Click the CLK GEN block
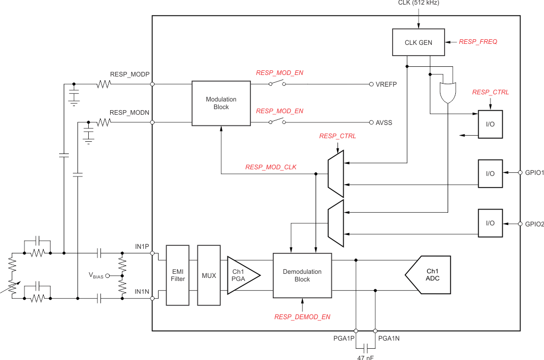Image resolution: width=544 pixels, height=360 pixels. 418,42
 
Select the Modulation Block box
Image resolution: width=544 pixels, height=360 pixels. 221,104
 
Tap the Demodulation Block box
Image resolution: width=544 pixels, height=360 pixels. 302,275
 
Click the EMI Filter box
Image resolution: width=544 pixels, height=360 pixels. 177,275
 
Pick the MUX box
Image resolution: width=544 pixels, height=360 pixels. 209,275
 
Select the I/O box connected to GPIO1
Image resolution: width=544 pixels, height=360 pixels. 490,173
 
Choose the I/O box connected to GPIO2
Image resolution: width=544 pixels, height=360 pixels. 490,223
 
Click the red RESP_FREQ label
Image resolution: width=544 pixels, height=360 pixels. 478,42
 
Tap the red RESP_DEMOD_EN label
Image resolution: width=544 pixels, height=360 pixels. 302,317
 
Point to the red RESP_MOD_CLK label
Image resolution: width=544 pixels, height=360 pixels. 271,167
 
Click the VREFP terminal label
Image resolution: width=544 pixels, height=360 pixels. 386,85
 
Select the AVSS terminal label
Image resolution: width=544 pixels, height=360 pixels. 384,123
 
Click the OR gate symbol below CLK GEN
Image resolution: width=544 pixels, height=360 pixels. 447,92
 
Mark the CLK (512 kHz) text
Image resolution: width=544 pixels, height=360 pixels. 418,3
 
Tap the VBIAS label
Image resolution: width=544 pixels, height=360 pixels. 96,276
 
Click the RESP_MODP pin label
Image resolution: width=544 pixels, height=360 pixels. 129,74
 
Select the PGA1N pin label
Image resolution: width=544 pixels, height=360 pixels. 389,338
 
